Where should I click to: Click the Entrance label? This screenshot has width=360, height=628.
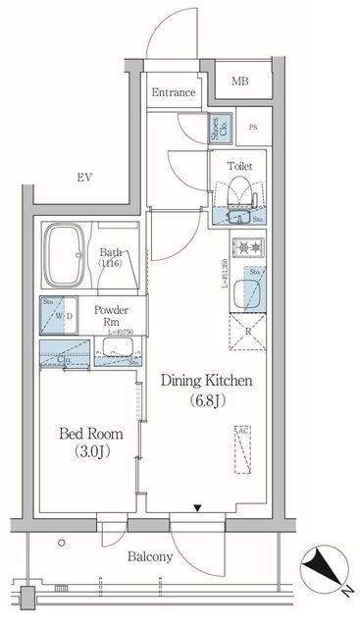coord(174,93)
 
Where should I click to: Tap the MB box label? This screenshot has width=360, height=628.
coord(239,80)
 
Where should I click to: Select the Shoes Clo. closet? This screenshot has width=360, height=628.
coord(217,131)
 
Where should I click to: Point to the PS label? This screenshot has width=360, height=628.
coord(253,128)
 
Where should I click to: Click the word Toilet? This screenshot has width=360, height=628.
coord(239,167)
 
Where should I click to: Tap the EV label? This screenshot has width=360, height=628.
coord(84,178)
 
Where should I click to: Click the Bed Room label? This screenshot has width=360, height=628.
coord(85,433)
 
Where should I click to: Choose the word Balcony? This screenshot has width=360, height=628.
coord(150,556)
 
